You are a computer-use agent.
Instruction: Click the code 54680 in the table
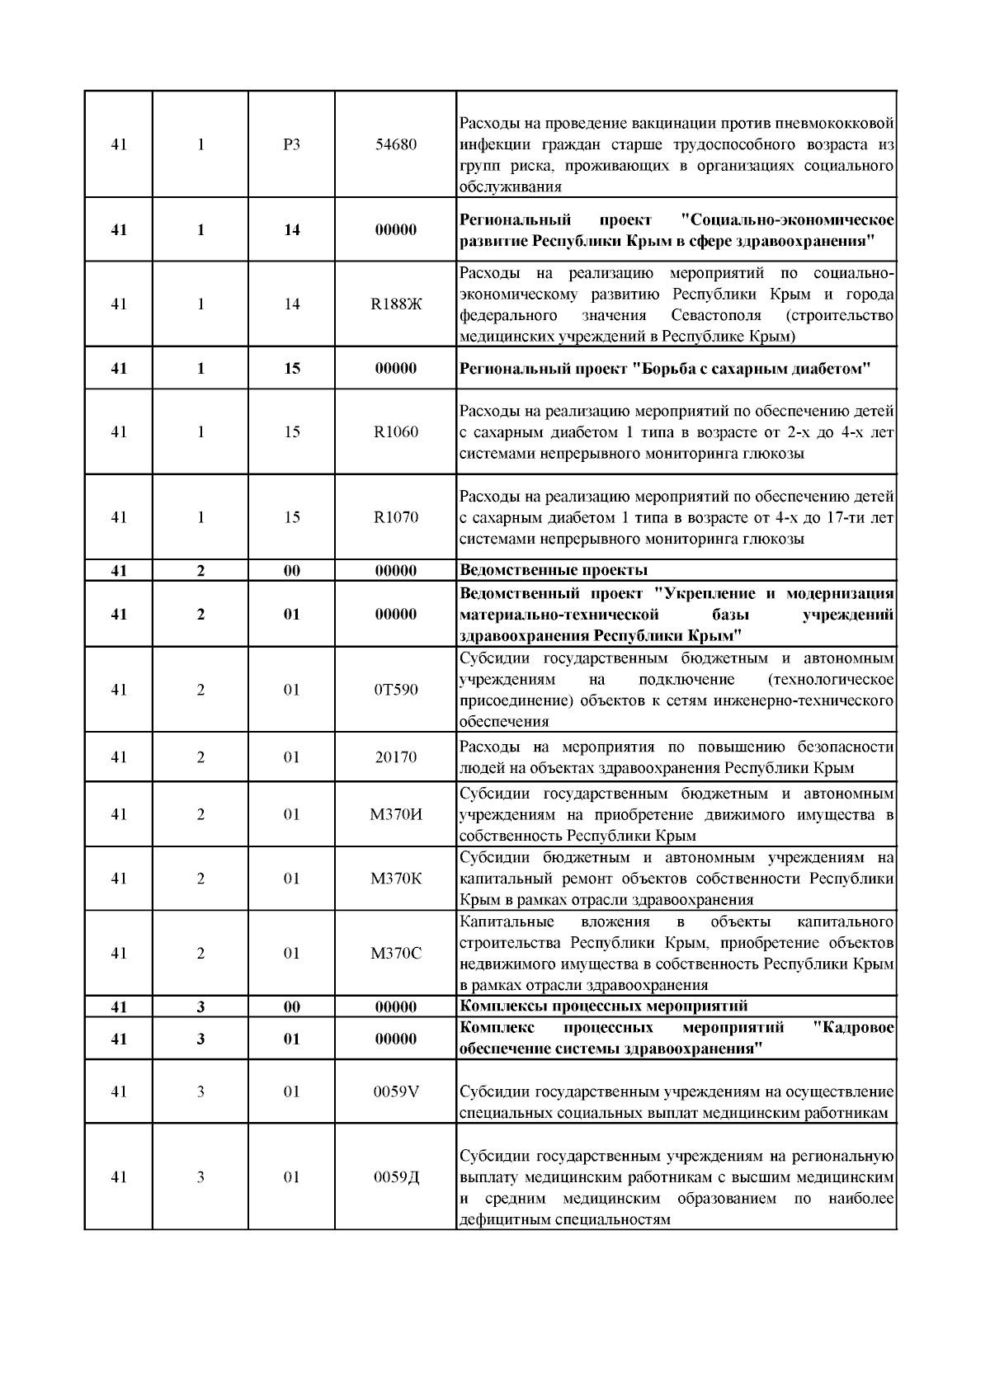click(x=396, y=144)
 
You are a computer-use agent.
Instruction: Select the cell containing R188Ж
click(x=396, y=304)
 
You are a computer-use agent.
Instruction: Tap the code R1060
click(x=396, y=431)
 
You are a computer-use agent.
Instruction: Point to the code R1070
click(x=396, y=517)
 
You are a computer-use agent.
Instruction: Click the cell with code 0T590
click(x=396, y=690)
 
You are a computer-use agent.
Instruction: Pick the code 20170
click(x=396, y=757)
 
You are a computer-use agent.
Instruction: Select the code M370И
click(x=396, y=814)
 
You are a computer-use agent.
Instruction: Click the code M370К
click(x=396, y=879)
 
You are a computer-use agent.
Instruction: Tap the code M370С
click(x=396, y=954)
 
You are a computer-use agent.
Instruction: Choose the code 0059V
click(x=396, y=1091)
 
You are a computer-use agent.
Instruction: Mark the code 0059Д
click(x=396, y=1177)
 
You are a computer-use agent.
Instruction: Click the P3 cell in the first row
click(x=291, y=144)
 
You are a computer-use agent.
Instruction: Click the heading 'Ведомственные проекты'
click(x=553, y=570)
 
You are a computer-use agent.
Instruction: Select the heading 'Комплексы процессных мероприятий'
click(x=603, y=1006)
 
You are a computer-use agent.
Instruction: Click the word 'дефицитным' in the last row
click(x=497, y=1219)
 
